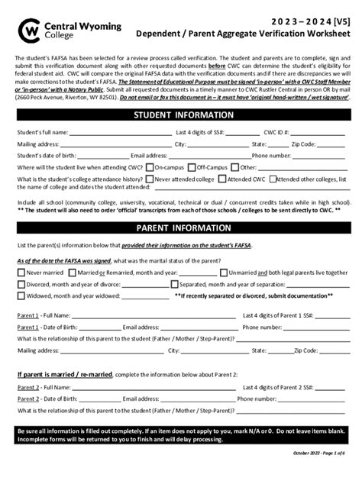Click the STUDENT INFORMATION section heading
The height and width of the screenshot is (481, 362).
pyautogui.click(x=181, y=115)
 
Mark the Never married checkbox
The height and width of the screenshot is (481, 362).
pyautogui.click(x=21, y=272)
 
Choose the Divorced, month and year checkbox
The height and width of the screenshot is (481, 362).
pyautogui.click(x=21, y=284)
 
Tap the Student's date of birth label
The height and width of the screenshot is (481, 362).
pyautogui.click(x=45, y=155)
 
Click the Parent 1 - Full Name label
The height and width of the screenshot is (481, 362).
pyautogui.click(x=43, y=315)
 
